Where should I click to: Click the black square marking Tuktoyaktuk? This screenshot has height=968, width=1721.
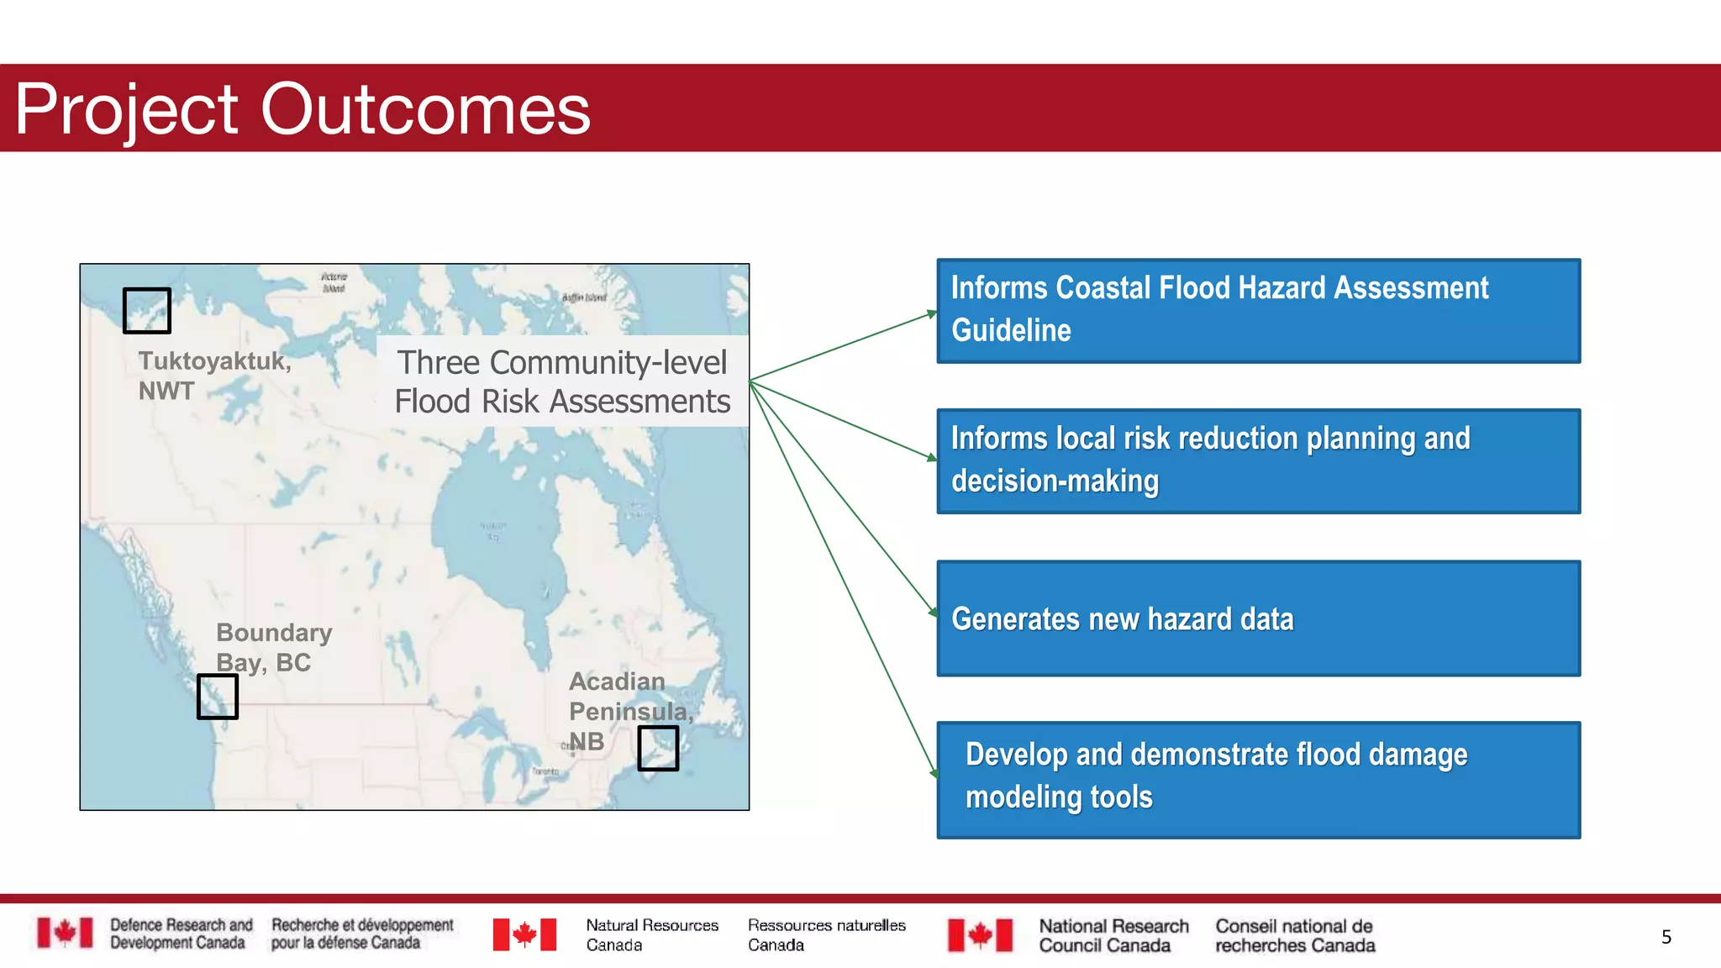[147, 310]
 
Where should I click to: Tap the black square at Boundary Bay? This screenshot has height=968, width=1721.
[218, 696]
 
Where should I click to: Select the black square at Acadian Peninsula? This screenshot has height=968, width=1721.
[658, 748]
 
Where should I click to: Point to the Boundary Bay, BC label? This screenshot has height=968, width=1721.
[273, 647]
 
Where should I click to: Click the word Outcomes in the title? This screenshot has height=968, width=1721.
[425, 109]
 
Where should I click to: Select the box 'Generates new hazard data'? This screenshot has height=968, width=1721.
[1258, 618]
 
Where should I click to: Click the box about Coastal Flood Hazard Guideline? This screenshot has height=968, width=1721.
[1258, 311]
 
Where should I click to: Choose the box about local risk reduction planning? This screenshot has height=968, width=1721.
[1258, 461]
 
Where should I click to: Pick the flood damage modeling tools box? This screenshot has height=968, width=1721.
[1258, 779]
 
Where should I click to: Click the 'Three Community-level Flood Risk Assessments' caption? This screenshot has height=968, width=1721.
[562, 381]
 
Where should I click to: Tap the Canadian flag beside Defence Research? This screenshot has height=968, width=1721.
[65, 933]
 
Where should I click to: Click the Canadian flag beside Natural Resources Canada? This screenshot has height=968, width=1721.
[524, 934]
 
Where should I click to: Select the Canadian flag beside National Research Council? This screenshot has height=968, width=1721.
[980, 935]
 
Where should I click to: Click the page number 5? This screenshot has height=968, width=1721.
[1666, 937]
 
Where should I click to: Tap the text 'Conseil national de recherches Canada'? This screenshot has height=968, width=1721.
[1294, 935]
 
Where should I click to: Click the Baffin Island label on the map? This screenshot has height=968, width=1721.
[584, 297]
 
